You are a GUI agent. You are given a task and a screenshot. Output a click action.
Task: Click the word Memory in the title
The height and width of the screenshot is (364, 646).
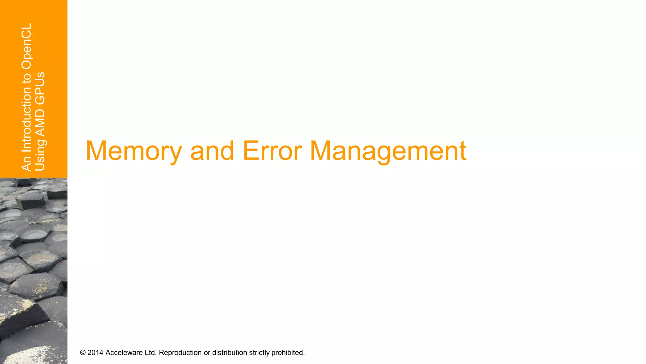point(134,151)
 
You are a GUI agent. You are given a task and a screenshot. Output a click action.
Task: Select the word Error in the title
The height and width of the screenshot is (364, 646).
point(272,151)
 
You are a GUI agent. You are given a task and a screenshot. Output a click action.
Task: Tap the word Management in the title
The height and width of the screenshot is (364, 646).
point(388,151)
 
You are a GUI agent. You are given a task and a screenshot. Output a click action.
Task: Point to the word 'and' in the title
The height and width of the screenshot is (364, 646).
point(212,151)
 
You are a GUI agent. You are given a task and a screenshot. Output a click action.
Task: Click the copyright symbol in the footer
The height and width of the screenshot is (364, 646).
point(83,353)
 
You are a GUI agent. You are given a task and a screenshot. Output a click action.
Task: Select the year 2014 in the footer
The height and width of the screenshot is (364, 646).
point(95,353)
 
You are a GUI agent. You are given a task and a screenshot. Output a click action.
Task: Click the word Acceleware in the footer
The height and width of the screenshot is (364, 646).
point(124,353)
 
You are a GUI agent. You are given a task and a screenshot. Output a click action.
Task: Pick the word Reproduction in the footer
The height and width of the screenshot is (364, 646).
point(180,353)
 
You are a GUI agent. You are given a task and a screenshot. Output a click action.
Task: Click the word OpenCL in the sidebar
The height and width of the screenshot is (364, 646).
point(27,46)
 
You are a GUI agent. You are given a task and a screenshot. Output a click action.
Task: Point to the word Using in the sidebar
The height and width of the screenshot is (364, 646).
point(40,155)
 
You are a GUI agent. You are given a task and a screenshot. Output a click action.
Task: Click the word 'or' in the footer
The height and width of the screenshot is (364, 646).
point(207,353)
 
